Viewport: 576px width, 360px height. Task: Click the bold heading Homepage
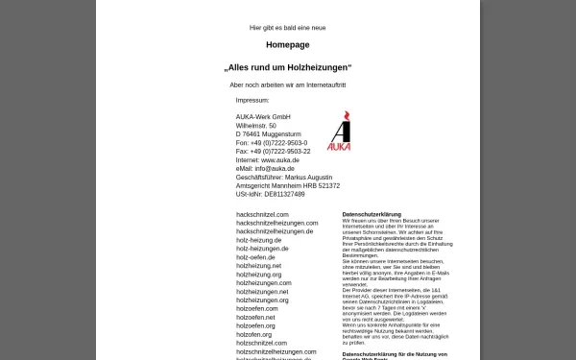point(287,44)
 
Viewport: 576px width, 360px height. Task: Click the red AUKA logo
point(339,132)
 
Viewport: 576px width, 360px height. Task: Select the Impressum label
point(252,100)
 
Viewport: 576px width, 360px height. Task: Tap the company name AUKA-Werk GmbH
point(262,117)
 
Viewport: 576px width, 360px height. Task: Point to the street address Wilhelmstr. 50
point(256,126)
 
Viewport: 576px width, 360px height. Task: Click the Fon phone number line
point(272,143)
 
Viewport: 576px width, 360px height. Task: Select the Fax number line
point(273,152)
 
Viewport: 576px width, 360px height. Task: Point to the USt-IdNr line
point(270,195)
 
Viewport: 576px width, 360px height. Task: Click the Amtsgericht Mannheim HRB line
point(287,186)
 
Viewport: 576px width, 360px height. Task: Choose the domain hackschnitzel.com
point(262,214)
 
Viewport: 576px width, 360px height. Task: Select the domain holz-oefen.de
point(255,257)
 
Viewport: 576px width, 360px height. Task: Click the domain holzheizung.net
point(258,266)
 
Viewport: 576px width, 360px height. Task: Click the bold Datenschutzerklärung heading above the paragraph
point(372,214)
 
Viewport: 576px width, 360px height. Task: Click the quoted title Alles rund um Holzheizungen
point(287,68)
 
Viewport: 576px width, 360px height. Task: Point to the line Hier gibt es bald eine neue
point(287,28)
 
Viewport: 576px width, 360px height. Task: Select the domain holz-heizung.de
point(258,240)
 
